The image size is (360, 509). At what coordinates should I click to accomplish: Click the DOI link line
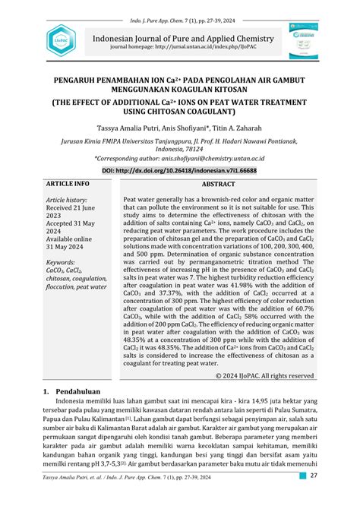(x=179, y=172)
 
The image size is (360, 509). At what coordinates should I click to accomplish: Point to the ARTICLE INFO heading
(x=68, y=185)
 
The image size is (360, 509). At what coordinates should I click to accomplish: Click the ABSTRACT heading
(x=218, y=185)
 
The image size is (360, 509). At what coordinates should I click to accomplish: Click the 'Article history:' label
(x=69, y=201)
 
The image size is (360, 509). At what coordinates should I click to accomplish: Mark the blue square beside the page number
(x=302, y=497)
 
